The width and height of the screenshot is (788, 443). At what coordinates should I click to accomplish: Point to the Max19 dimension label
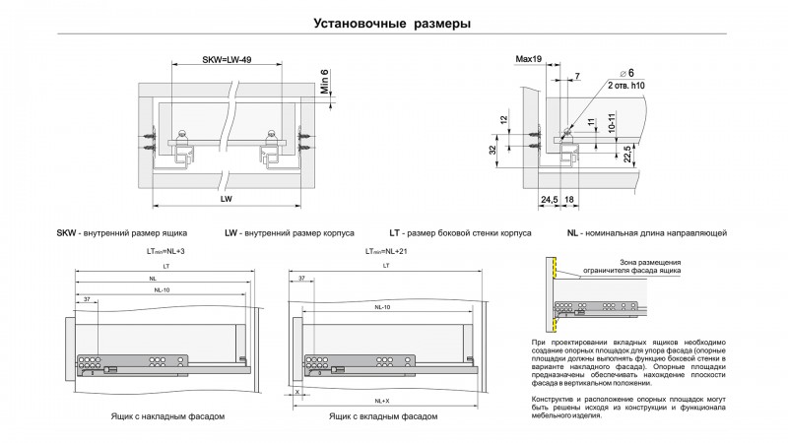[x=529, y=60]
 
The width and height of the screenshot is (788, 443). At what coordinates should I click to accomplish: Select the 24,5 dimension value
[x=549, y=200]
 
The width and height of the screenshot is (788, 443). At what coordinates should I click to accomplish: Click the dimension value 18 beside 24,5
[x=569, y=200]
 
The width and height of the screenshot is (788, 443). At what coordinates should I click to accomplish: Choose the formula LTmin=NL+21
[x=386, y=251]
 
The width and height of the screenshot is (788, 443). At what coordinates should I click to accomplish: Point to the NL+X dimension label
[x=386, y=401]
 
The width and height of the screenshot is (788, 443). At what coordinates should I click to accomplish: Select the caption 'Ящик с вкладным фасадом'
[x=383, y=417]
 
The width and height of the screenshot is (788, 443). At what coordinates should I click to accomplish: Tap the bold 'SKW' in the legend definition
[x=66, y=233]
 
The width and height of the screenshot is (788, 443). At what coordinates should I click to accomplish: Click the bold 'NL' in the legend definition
[x=571, y=233]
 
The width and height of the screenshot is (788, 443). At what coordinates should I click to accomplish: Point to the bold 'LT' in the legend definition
[x=395, y=233]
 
